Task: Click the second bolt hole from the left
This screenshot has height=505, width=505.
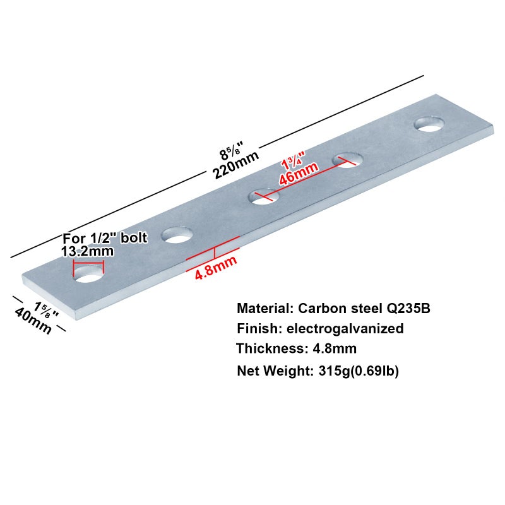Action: click(x=177, y=235)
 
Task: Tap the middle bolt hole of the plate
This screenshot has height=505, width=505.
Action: click(x=264, y=196)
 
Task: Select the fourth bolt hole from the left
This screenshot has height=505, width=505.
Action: click(x=348, y=160)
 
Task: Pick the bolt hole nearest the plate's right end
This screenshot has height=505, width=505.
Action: click(x=429, y=124)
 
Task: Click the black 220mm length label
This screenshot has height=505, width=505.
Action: click(x=235, y=165)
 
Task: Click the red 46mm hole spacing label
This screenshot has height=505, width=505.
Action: click(x=299, y=174)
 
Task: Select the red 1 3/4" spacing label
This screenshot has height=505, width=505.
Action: click(x=293, y=160)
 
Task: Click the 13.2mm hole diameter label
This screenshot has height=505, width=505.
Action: click(x=88, y=251)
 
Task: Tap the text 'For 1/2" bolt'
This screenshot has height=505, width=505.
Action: click(x=105, y=239)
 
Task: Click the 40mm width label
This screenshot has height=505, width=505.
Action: click(x=33, y=321)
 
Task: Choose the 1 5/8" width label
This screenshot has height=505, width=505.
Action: click(x=47, y=310)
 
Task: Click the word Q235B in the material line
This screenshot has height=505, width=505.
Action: click(x=408, y=309)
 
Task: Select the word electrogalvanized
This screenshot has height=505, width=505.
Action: click(x=345, y=329)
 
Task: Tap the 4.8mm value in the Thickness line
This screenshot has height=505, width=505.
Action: click(x=335, y=348)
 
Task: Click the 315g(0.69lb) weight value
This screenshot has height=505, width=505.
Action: click(x=359, y=371)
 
